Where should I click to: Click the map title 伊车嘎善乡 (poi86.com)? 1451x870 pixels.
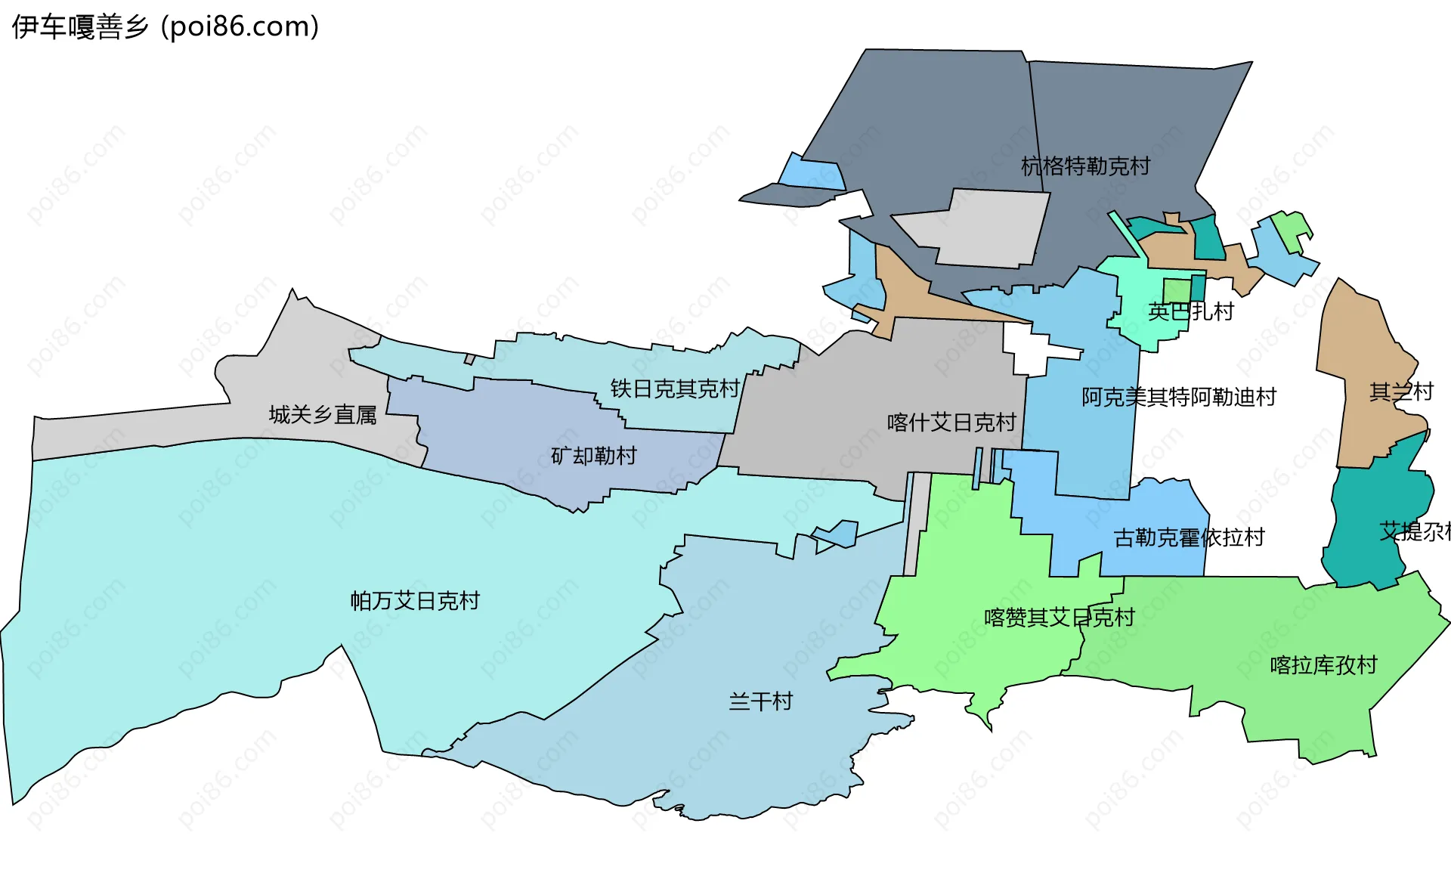tap(165, 27)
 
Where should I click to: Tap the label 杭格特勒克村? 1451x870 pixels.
tap(1085, 166)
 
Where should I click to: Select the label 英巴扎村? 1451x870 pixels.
tap(1190, 311)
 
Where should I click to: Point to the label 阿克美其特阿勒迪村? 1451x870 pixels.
tap(1178, 397)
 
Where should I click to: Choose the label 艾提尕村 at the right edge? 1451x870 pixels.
tap(1413, 531)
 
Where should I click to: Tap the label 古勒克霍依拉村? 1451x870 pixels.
tap(1189, 537)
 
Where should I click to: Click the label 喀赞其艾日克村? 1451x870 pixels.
tap(1059, 618)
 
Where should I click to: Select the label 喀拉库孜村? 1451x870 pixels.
tap(1323, 665)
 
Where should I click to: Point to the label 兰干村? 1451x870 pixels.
tap(760, 701)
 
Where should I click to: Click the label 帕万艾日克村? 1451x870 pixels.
tap(415, 601)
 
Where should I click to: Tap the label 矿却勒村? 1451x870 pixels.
tap(593, 456)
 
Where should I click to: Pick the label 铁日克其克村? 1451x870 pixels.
tap(674, 389)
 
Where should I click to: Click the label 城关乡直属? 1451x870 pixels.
tap(323, 415)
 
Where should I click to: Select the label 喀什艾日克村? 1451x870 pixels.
tap(951, 423)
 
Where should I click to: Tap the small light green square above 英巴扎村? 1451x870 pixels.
tap(1176, 290)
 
